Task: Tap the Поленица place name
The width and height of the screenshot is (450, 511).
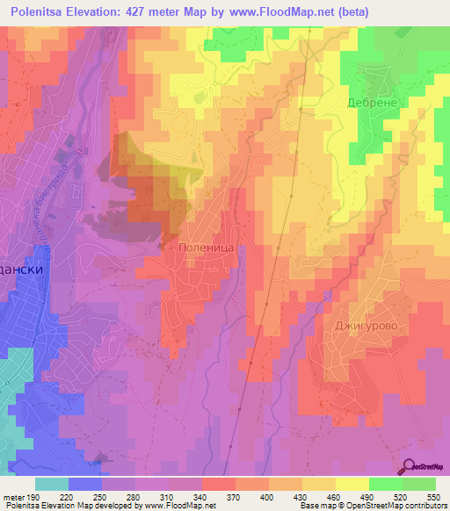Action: point(204,249)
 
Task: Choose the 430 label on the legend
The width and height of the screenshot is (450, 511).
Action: point(298,496)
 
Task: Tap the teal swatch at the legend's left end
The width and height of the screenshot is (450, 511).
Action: point(51,484)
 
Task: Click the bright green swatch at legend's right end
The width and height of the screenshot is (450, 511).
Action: point(419,484)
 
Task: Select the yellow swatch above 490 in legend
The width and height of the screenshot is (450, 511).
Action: point(352,484)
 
